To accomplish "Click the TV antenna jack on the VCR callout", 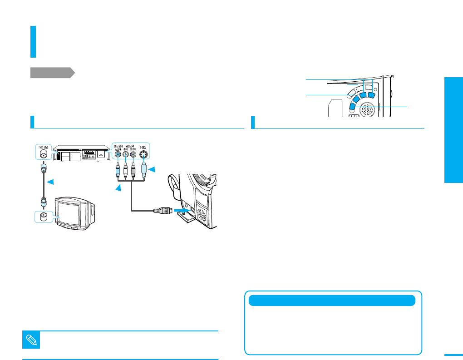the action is click(x=43, y=153).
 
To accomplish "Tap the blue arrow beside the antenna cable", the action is click(x=50, y=182).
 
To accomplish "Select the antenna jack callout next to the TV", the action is click(x=43, y=216).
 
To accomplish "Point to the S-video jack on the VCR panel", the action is click(x=143, y=154).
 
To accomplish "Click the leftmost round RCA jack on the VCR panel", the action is click(x=118, y=154).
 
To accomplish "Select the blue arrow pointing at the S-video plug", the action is click(x=152, y=170).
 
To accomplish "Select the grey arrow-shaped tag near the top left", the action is click(x=52, y=73).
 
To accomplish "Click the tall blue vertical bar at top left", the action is click(x=33, y=42).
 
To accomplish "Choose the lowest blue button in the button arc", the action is click(x=353, y=106).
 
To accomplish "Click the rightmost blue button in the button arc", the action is click(x=371, y=95).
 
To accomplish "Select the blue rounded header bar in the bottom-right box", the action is click(x=332, y=301).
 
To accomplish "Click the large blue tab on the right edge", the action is click(x=453, y=131).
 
